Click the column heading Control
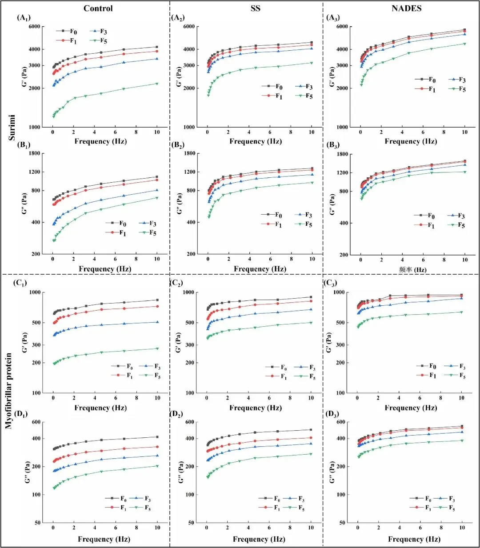(98, 8)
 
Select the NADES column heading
(406, 8)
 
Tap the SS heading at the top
(255, 8)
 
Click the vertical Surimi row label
(12, 128)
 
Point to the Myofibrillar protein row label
(9, 391)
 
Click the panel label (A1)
(24, 18)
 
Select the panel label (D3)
(332, 414)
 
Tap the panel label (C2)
(176, 283)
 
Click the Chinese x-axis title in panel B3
(412, 269)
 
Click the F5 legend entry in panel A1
(98, 41)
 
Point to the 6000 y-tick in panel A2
(189, 27)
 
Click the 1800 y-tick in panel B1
(34, 153)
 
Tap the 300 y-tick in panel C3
(340, 345)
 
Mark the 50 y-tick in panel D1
(37, 523)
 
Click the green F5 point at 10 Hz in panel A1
(157, 84)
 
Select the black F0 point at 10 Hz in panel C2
(311, 297)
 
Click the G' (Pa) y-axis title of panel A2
(179, 76)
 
